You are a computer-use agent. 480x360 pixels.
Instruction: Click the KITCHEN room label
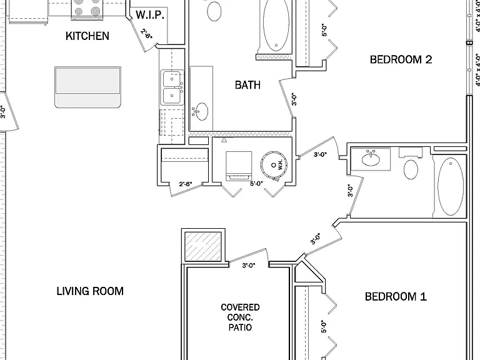(87, 36)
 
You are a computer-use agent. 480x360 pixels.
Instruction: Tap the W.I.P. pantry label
(150, 15)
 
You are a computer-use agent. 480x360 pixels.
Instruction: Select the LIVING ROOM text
(90, 291)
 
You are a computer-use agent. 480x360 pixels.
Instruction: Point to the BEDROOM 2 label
(401, 59)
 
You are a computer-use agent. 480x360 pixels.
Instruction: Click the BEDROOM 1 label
(396, 296)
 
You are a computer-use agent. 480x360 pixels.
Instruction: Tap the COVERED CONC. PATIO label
(240, 317)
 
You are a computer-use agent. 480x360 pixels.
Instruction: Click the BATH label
(247, 85)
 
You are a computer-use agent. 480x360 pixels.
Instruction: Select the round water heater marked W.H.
(274, 164)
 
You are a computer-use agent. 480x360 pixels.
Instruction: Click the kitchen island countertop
(88, 87)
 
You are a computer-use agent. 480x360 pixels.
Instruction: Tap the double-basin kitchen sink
(172, 87)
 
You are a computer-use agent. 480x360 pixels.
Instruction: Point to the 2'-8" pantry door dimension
(147, 34)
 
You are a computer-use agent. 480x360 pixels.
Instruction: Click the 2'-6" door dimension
(186, 184)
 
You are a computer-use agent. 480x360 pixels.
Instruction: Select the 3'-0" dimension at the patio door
(249, 266)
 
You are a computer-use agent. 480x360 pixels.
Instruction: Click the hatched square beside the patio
(203, 246)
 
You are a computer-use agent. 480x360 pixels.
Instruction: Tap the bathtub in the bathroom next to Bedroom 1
(451, 186)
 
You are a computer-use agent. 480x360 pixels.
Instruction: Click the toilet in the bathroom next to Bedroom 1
(411, 165)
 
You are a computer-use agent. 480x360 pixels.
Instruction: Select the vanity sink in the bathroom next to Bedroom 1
(371, 159)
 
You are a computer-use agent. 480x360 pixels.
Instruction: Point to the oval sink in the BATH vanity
(201, 111)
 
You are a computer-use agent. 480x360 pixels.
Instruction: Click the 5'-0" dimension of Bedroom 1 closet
(324, 326)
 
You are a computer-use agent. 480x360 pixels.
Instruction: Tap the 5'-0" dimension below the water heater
(256, 184)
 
